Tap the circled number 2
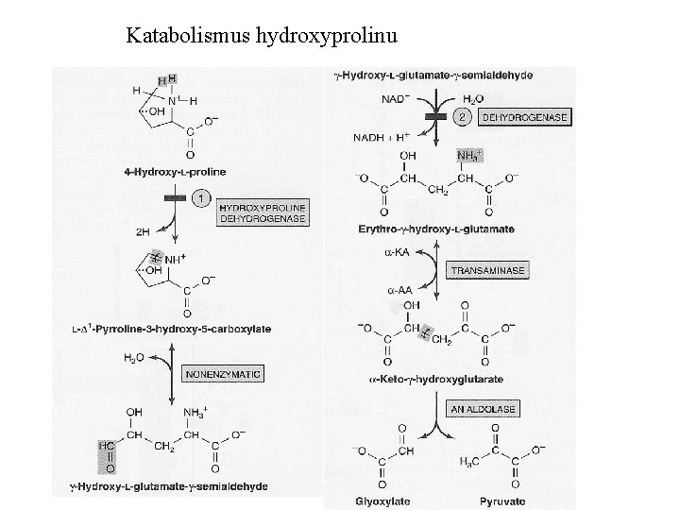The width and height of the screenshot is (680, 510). pos(462,118)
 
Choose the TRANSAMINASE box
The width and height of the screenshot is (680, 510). pos(488,270)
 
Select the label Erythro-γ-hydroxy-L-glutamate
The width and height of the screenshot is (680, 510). pos(437,229)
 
